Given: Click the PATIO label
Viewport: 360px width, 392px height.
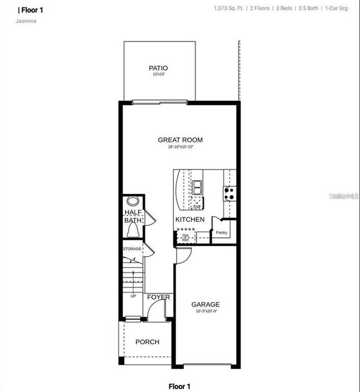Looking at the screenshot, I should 158,68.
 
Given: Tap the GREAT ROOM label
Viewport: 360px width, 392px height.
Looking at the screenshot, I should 180,140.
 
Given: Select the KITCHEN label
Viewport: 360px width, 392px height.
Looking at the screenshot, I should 190,220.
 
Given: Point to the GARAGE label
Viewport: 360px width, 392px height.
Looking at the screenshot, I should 205,304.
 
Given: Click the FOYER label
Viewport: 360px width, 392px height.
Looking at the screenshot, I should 158,298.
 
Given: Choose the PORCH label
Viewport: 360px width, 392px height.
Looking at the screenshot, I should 147,342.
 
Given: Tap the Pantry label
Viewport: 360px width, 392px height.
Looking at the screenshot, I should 222,233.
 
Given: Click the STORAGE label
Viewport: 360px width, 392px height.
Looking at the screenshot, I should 132,248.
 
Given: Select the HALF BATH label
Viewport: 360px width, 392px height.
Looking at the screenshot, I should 132,216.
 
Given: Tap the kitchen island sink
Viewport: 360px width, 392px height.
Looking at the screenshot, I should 197,187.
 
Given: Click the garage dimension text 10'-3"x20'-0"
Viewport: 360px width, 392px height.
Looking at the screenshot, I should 205,312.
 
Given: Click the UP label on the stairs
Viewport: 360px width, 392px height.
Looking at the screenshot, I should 133,296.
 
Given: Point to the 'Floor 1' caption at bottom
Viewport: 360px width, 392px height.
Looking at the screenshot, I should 180,386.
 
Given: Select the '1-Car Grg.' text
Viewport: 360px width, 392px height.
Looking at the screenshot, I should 336,9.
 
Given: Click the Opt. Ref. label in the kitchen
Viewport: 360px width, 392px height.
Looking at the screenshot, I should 185,237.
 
